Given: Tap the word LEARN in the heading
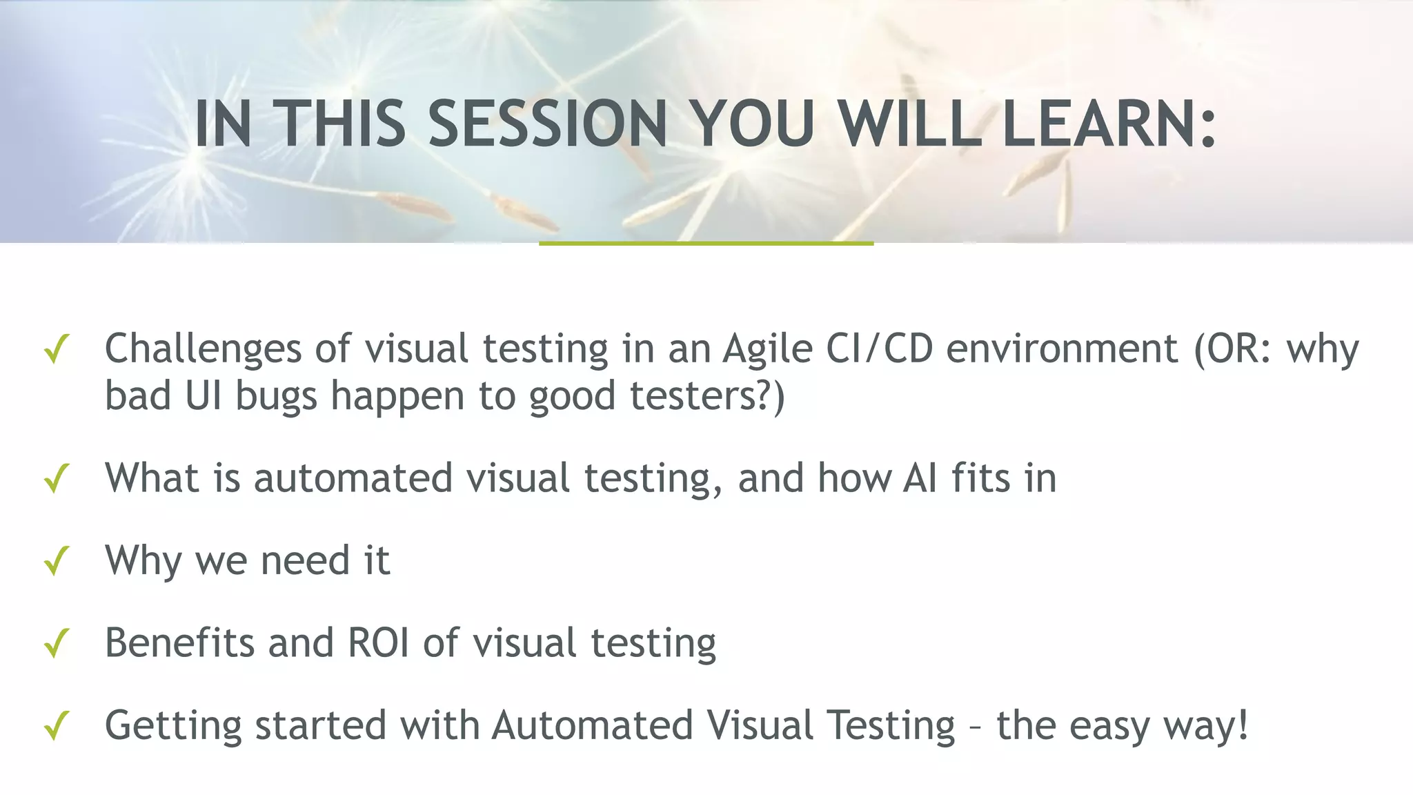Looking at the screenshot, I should pyautogui.click(x=1097, y=124).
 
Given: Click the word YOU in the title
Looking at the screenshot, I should pyautogui.click(x=753, y=124).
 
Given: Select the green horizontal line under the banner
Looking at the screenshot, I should pyautogui.click(x=706, y=244).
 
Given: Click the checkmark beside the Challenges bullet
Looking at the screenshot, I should pyautogui.click(x=56, y=349).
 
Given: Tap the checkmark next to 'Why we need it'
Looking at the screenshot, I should pyautogui.click(x=56, y=560).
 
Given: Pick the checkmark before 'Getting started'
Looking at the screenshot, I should pyautogui.click(x=56, y=726).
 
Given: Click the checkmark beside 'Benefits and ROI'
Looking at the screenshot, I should pyautogui.click(x=56, y=643).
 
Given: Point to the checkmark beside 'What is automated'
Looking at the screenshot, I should pyautogui.click(x=56, y=478).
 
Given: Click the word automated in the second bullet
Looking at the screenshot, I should pyautogui.click(x=353, y=478).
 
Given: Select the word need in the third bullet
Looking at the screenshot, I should pyautogui.click(x=304, y=560).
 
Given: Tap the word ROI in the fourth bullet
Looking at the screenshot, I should pyautogui.click(x=378, y=642).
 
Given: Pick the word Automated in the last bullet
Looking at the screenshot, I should pyautogui.click(x=592, y=725).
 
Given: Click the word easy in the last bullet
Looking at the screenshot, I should pyautogui.click(x=1107, y=726).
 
